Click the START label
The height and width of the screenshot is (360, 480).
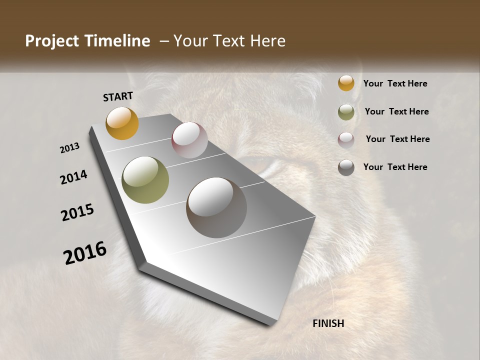[118, 96]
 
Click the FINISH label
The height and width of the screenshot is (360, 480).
[328, 323]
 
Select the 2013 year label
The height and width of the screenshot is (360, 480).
[69, 148]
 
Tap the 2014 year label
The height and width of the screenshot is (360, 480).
[73, 177]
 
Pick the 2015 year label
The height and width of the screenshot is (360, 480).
[77, 212]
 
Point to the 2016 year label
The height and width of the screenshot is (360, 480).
[85, 253]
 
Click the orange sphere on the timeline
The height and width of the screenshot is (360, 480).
[122, 123]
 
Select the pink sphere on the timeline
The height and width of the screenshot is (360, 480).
[189, 140]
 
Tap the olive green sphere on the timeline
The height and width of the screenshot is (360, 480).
[145, 180]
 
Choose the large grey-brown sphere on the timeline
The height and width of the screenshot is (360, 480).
[216, 207]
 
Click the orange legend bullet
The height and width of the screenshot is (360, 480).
[346, 83]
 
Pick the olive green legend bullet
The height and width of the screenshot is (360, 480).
[346, 112]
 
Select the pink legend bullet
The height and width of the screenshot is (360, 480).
[346, 140]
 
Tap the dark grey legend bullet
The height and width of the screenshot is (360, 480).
[346, 167]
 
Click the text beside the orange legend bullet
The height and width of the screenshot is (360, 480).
[395, 83]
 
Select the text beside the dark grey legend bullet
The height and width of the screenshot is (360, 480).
[395, 167]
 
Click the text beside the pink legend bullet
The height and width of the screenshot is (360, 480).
[397, 139]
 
